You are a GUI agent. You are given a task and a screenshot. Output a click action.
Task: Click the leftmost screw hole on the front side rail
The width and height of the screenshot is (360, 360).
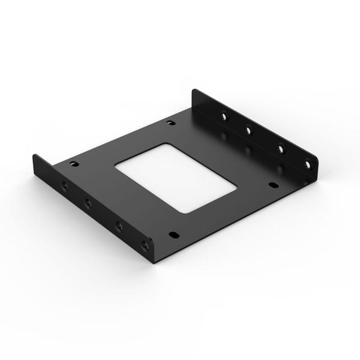click(x=65, y=185)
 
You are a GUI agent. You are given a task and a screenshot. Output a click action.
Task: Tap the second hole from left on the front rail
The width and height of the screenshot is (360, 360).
click(x=88, y=203)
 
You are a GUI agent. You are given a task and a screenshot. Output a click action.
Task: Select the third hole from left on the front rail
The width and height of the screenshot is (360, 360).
click(x=119, y=226)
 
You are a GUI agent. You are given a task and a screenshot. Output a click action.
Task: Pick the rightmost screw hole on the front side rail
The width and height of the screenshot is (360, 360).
click(x=144, y=244)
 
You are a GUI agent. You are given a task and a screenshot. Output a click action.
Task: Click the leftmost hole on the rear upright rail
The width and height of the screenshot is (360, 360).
click(x=224, y=116)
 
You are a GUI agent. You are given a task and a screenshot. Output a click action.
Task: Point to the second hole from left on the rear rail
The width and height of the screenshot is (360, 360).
click(x=248, y=130)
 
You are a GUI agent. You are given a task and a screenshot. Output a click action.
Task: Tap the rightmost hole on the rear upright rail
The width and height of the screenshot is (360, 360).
click(x=307, y=163)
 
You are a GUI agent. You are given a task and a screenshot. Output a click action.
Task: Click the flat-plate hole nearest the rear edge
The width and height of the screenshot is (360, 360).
click(x=170, y=123)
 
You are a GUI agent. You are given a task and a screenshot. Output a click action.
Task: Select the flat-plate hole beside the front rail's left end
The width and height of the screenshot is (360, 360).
click(x=74, y=163)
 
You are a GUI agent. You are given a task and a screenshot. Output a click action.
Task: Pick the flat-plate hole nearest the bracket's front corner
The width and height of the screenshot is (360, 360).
click(x=173, y=235)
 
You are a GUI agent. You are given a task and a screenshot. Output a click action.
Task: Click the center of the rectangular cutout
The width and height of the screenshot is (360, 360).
click(x=176, y=177)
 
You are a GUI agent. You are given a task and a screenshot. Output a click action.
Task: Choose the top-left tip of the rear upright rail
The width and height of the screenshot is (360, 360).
click(x=193, y=91)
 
